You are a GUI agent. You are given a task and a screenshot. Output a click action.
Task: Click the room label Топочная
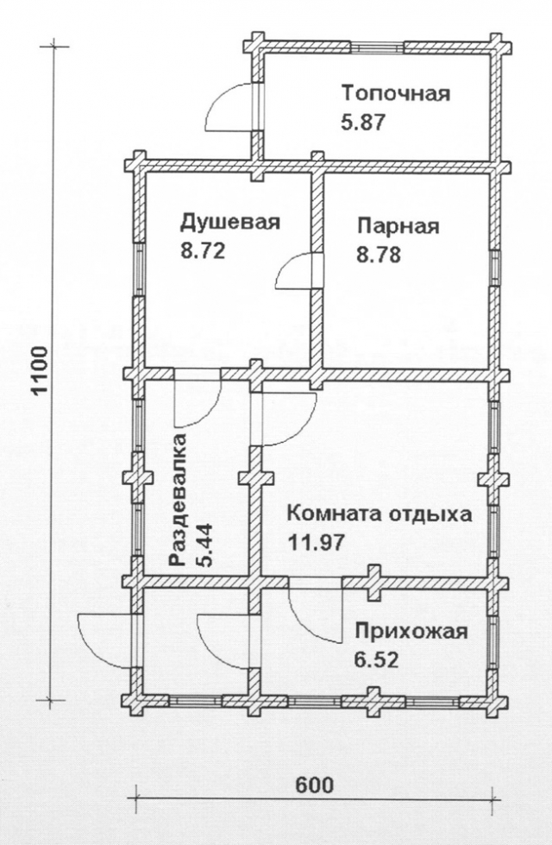click(x=396, y=93)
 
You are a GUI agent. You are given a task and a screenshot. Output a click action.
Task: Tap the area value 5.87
click(x=363, y=122)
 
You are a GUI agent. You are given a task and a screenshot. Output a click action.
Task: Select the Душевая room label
click(x=230, y=222)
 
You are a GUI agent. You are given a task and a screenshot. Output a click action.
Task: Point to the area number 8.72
click(x=203, y=250)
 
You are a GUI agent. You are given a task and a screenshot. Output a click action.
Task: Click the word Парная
click(x=398, y=225)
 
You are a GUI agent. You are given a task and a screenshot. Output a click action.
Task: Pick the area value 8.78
click(x=379, y=254)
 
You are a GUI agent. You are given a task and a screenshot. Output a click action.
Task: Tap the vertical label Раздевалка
click(x=179, y=500)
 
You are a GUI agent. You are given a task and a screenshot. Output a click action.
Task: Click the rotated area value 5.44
click(x=204, y=545)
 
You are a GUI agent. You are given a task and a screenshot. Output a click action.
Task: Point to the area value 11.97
click(x=317, y=541)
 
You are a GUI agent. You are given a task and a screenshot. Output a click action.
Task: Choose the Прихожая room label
click(x=411, y=631)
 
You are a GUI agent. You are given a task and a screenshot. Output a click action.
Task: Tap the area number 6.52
click(x=376, y=659)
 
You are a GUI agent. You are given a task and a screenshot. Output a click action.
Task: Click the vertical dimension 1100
click(x=41, y=372)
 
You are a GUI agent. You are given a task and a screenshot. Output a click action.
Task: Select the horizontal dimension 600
click(x=315, y=784)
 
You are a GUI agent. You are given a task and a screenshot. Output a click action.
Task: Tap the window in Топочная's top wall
click(x=378, y=47)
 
